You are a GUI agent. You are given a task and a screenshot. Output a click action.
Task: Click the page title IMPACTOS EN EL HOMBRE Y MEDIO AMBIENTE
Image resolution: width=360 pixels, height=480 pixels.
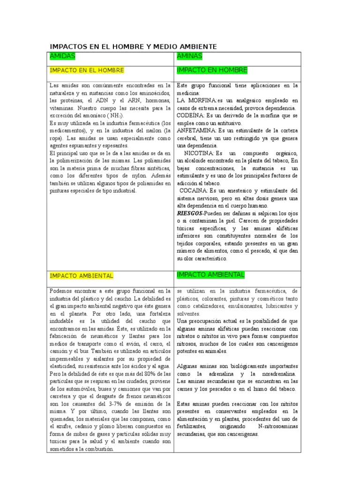(133, 47)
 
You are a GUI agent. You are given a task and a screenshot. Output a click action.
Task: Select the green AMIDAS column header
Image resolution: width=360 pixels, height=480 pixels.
(62, 56)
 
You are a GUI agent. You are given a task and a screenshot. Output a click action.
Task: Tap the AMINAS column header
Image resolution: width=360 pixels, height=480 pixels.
(189, 56)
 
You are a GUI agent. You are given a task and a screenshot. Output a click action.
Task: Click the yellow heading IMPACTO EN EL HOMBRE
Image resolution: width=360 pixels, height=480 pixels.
(87, 70)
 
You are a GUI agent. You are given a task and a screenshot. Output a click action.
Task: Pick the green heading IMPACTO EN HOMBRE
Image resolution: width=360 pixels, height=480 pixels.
(212, 70)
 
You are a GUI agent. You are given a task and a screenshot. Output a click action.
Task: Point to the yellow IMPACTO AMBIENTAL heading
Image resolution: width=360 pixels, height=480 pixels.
(81, 276)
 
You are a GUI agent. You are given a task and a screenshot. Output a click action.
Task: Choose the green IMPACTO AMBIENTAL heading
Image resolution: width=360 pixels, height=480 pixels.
(210, 274)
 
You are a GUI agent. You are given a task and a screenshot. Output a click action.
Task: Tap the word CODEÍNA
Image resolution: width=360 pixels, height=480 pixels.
(190, 115)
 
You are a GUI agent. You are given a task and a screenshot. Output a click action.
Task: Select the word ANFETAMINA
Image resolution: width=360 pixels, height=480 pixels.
(196, 130)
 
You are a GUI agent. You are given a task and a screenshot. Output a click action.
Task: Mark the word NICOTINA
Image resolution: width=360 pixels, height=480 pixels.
(199, 153)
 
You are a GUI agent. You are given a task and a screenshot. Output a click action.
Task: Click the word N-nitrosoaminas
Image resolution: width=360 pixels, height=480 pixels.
(278, 426)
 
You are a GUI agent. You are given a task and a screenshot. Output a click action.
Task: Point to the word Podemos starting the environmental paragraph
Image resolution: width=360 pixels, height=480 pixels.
(61, 291)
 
